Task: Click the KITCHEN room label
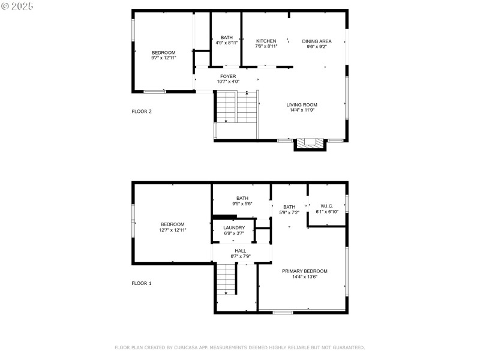(x=266, y=41)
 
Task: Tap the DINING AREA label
(x=317, y=41)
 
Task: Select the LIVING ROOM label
(x=302, y=104)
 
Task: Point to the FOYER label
(x=227, y=76)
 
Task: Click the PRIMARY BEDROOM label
(x=305, y=271)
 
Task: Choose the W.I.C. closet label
(x=327, y=206)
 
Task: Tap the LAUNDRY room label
(x=234, y=227)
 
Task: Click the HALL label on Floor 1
(x=241, y=251)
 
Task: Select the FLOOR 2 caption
(x=142, y=111)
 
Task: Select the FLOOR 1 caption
(x=142, y=283)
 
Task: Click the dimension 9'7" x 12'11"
(x=163, y=58)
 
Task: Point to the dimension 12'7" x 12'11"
(x=173, y=230)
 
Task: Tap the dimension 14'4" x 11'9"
(x=302, y=110)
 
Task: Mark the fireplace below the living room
(x=310, y=143)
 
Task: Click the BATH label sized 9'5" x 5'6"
(x=242, y=198)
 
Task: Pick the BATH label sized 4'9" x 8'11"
(x=226, y=37)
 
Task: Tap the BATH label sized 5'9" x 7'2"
(x=289, y=207)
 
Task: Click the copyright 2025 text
(x=17, y=5)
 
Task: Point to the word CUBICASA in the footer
(x=190, y=347)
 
